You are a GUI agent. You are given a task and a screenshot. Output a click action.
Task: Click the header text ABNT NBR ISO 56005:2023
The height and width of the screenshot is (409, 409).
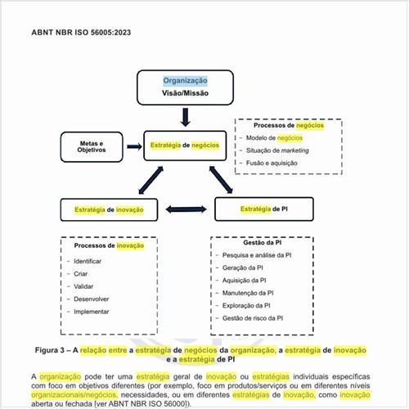(81, 33)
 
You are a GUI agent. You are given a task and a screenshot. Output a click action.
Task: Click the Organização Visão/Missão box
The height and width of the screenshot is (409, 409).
(185, 88)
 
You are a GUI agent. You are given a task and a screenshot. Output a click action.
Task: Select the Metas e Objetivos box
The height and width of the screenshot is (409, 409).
(92, 146)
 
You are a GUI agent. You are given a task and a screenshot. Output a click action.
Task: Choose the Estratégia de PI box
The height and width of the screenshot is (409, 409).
(263, 209)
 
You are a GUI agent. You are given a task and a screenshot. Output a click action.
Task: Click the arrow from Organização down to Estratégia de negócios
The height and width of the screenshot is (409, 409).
(185, 117)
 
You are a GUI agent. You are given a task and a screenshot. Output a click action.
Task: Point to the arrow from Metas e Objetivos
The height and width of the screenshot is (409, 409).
(133, 146)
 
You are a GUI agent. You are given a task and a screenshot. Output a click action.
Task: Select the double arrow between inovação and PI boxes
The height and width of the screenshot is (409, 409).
(187, 209)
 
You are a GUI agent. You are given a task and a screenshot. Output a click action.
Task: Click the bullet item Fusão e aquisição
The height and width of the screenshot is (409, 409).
(274, 164)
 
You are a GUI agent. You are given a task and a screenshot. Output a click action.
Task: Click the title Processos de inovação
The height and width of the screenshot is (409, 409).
(109, 245)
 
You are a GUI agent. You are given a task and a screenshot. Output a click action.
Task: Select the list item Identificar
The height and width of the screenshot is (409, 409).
(88, 260)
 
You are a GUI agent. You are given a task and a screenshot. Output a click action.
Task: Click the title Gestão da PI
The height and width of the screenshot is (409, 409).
(263, 243)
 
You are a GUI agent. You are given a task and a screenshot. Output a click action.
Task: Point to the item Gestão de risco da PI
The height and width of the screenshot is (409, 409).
(253, 317)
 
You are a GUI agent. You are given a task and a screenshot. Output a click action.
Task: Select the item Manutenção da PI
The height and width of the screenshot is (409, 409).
(248, 292)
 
